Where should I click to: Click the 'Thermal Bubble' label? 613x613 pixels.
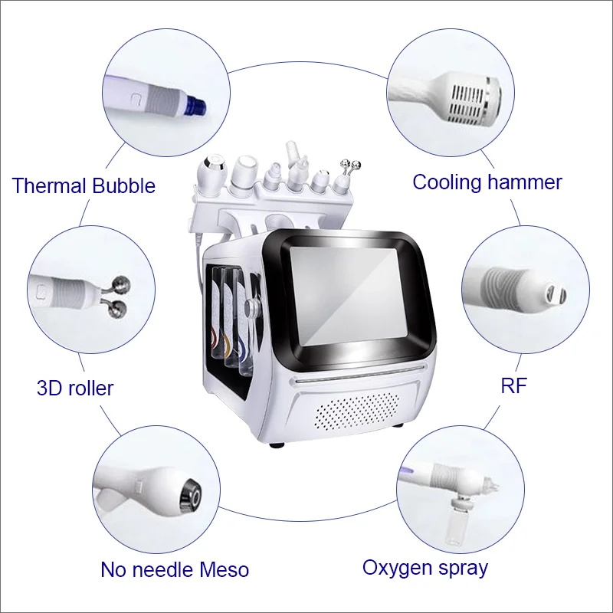84,185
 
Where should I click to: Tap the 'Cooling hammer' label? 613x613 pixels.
487,182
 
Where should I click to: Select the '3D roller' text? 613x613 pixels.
74,388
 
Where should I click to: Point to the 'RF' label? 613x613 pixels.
513,385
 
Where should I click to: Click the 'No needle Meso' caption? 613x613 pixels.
175,569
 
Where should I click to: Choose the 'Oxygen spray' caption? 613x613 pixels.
425,568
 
